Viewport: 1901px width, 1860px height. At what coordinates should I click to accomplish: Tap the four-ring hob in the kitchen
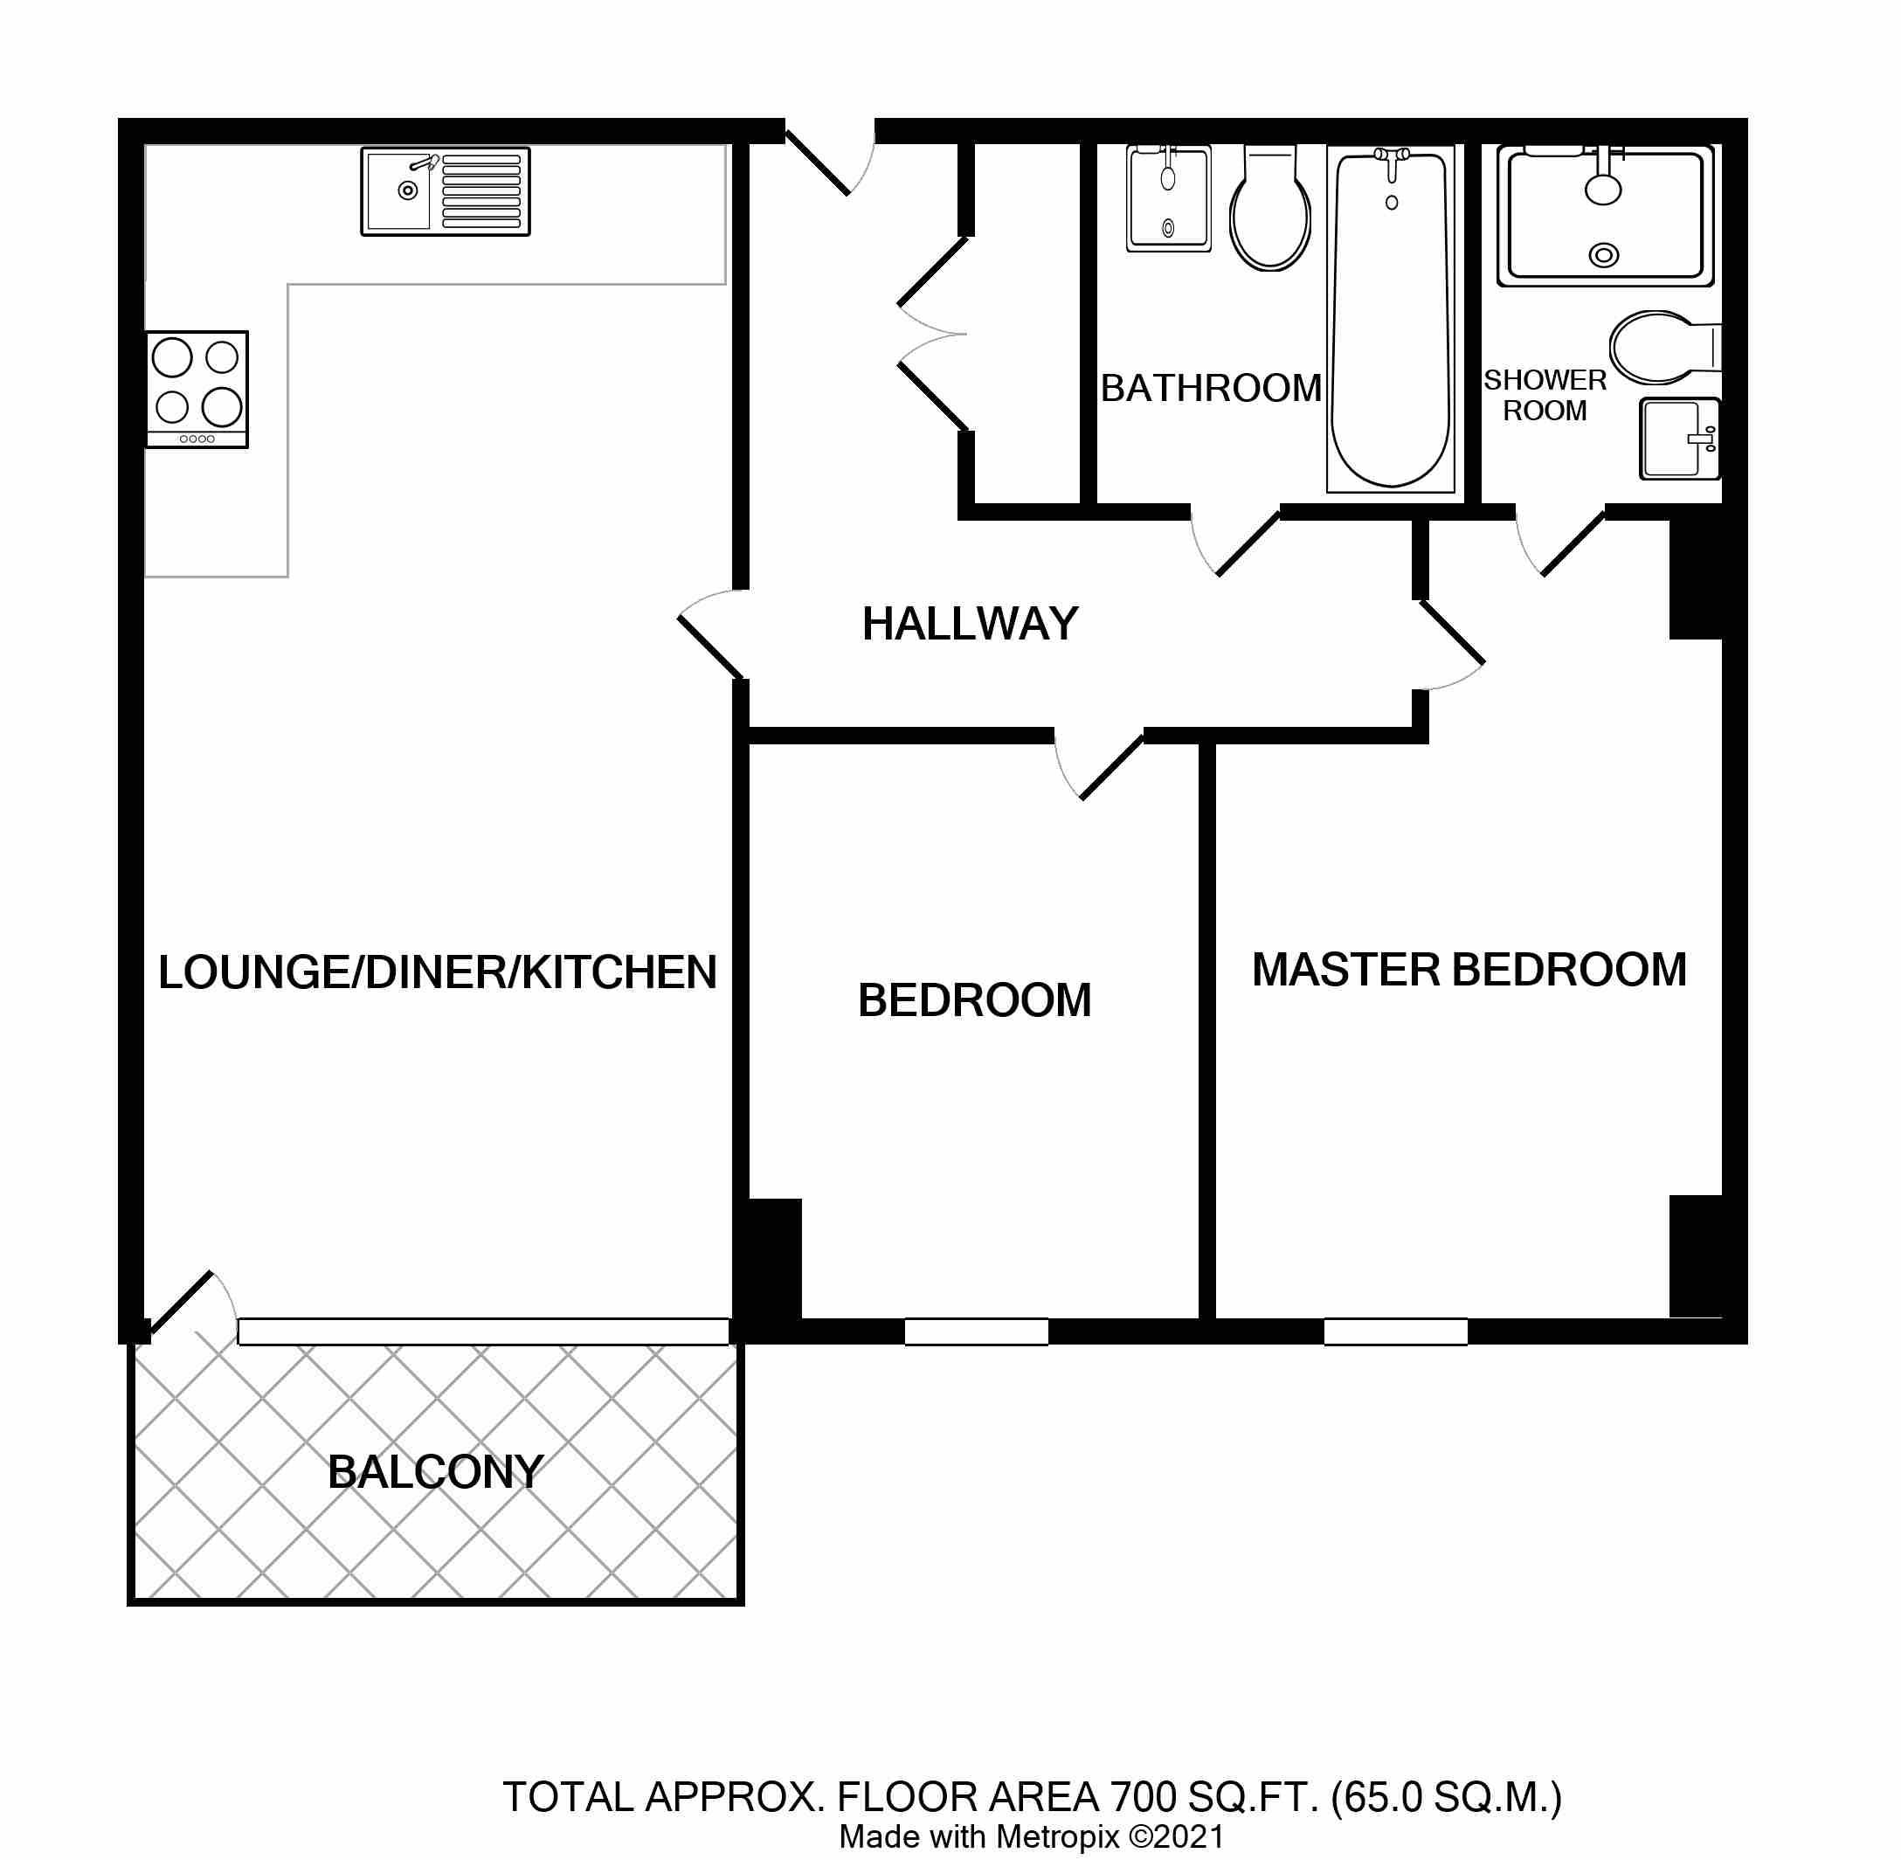[197, 390]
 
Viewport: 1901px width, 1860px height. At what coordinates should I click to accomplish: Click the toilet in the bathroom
[1270, 209]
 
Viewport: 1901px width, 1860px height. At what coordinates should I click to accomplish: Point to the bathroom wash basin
[1168, 199]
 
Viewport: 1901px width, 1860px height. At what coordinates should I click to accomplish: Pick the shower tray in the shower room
[1606, 216]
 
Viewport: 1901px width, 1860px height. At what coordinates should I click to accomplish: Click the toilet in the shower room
[1664, 348]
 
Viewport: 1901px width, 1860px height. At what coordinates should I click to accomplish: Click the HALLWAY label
[970, 623]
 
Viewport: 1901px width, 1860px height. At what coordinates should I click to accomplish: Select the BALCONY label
[436, 1472]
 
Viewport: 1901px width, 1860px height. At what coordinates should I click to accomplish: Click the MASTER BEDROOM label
[1469, 970]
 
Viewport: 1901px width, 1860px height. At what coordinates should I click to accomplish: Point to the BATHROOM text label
[1212, 388]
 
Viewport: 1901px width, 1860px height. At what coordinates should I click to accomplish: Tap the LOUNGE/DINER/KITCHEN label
[438, 972]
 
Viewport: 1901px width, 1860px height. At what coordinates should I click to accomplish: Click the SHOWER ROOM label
[1545, 395]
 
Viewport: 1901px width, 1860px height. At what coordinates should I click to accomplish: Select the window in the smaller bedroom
[976, 1331]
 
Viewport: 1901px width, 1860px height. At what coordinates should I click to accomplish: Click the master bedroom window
[1396, 1331]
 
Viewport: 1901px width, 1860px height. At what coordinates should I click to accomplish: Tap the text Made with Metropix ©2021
[1032, 1837]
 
